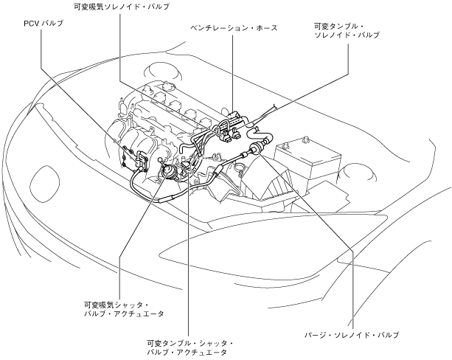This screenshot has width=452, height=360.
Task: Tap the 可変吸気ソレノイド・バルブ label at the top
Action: coord(122,6)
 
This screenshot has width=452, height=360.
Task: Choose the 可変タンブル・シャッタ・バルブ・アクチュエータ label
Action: coord(190,348)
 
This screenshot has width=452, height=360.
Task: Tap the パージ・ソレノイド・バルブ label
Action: coord(352,334)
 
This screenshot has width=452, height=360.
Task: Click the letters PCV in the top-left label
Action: coord(32,24)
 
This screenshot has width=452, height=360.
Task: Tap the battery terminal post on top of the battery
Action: coord(304,139)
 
